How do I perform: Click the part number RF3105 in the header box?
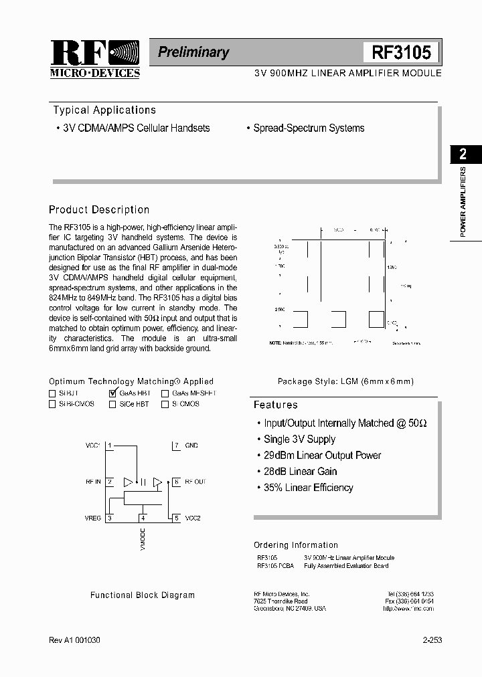click(401, 53)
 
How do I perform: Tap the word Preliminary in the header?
click(193, 52)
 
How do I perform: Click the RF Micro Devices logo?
click(95, 59)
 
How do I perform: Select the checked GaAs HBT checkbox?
click(112, 393)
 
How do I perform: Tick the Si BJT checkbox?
click(53, 394)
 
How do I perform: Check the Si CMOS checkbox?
click(165, 404)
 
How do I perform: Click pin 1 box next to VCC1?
click(110, 446)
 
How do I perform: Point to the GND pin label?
click(191, 446)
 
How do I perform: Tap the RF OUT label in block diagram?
click(195, 482)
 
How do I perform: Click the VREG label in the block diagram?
click(93, 518)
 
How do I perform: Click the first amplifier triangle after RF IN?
click(128, 482)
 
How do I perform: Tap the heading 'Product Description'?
click(99, 210)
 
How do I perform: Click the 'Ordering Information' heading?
click(296, 545)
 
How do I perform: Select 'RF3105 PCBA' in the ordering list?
click(275, 566)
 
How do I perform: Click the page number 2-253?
click(432, 640)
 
